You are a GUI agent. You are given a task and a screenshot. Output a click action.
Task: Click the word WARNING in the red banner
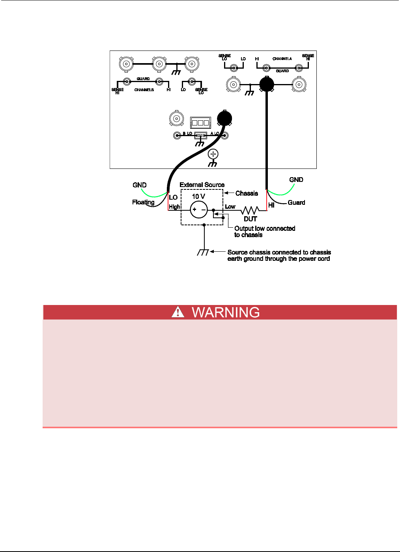point(226,312)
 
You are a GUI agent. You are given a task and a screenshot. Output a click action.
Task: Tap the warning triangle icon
point(178,312)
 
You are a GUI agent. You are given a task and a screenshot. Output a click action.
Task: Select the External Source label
point(202,185)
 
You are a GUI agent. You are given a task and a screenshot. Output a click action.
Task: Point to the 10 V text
point(198,196)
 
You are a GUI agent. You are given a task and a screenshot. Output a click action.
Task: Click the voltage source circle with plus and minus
point(199,210)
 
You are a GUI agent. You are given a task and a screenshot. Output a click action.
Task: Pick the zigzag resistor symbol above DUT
point(250,210)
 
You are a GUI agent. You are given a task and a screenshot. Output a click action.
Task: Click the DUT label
point(250,219)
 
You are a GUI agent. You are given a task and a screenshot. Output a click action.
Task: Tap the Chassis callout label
point(247,193)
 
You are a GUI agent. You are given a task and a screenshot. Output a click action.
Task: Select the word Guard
point(296,202)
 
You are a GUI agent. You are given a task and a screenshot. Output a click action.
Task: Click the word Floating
point(143,202)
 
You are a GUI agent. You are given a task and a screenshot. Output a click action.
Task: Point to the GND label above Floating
point(140,185)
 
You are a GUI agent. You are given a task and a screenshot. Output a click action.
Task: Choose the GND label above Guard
point(296,180)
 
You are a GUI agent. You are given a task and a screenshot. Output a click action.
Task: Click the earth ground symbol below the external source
point(203,253)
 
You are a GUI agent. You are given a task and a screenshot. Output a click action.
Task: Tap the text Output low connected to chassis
point(264,232)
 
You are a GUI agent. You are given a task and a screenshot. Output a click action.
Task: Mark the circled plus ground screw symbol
point(213,154)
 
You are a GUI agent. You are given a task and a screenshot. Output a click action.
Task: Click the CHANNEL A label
point(282,59)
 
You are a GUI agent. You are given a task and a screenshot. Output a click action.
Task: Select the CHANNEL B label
point(144,90)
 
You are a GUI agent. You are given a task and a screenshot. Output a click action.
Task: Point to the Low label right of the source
point(230,206)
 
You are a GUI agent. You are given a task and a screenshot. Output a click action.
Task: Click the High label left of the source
point(174,206)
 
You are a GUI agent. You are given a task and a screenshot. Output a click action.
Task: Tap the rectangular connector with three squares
point(199,122)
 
